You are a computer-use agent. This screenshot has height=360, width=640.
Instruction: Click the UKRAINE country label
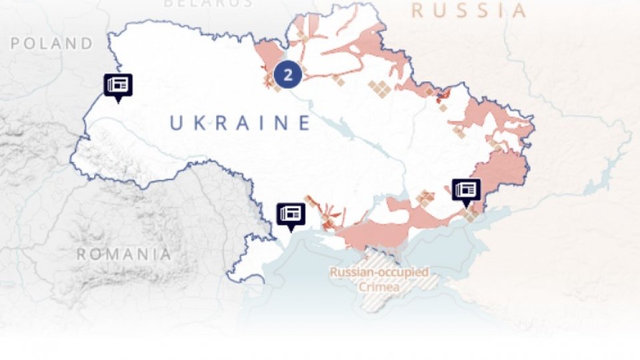tap(240, 123)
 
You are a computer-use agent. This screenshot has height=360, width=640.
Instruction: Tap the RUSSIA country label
tap(469, 11)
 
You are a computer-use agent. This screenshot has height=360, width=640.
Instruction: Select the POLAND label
tap(52, 44)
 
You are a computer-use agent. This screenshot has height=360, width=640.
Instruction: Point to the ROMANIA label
tap(123, 254)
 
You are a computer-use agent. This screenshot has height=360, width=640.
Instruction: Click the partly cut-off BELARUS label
tap(208, 3)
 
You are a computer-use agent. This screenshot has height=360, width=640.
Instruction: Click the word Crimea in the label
tap(379, 287)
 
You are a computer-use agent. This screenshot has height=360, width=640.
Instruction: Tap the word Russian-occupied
tap(379, 273)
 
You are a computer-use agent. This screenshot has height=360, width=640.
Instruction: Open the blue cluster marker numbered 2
tap(287, 74)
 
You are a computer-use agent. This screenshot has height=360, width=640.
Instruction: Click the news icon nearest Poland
tap(118, 85)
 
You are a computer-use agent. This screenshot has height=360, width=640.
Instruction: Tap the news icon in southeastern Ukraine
tap(466, 189)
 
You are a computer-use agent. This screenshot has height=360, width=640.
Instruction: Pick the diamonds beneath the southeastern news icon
tap(471, 213)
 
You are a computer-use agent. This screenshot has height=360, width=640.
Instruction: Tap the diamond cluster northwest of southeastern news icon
tap(424, 197)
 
